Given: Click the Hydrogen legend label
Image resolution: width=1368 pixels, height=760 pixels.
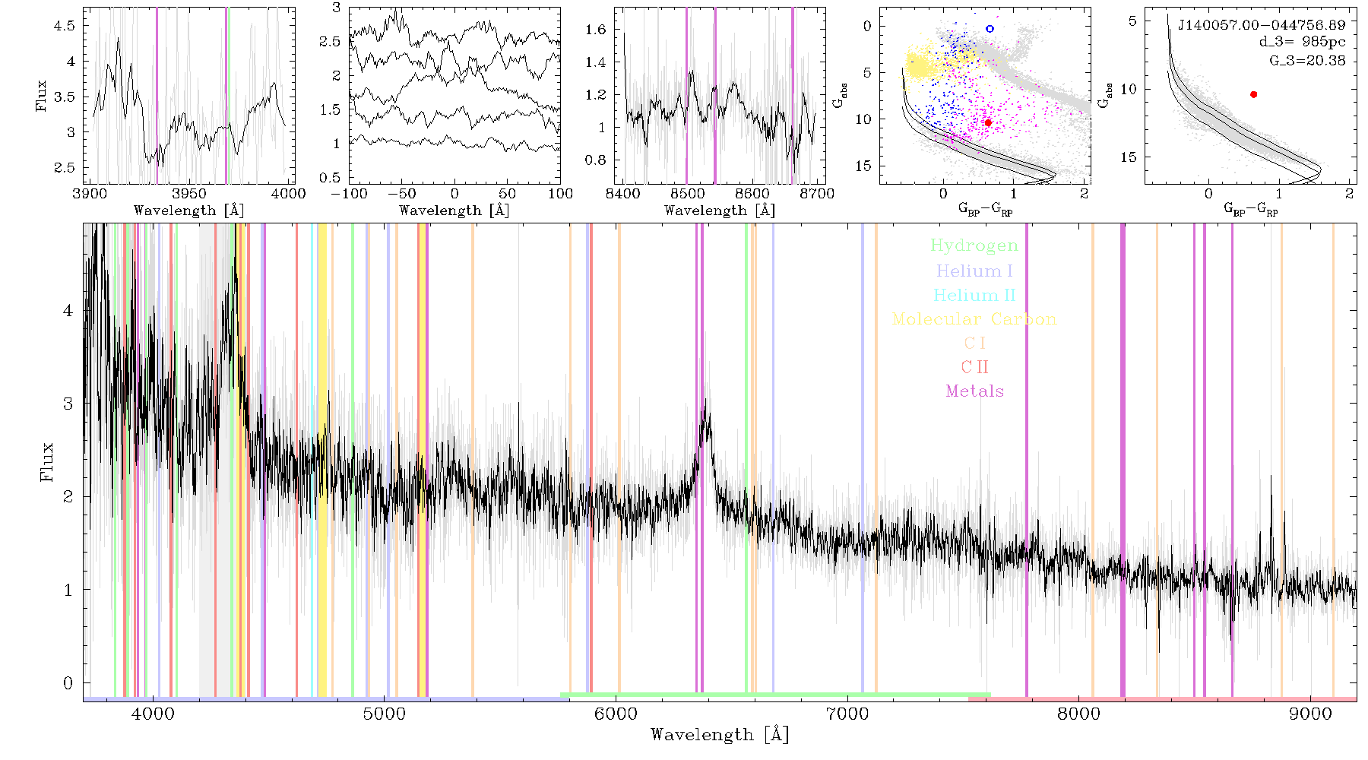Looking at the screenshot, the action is click(974, 245).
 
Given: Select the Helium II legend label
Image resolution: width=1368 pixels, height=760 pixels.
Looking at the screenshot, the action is click(974, 295).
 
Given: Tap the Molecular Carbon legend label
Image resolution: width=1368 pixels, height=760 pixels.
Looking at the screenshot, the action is click(974, 319).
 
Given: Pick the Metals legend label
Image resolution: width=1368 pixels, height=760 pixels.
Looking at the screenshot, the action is click(974, 391).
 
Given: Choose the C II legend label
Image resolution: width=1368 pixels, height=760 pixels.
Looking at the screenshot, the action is click(974, 367).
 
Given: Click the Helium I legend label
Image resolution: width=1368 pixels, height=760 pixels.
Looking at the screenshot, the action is click(974, 271).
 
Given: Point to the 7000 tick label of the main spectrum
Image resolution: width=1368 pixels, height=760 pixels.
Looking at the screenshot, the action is click(847, 714).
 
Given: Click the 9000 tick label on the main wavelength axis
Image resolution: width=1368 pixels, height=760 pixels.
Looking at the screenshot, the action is click(1310, 714).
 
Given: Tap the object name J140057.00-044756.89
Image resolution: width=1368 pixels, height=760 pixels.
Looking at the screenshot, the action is click(1262, 25).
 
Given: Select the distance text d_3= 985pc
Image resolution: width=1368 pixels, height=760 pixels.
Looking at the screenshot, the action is click(1302, 43).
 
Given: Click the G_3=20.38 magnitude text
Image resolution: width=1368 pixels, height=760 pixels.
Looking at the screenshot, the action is click(1307, 61).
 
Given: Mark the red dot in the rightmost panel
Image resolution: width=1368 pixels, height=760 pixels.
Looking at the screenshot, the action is click(1253, 94).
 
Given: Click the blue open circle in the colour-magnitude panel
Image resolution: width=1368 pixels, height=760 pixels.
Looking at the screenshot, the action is click(990, 29).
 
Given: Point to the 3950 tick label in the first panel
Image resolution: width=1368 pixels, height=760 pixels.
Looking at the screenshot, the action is click(189, 194).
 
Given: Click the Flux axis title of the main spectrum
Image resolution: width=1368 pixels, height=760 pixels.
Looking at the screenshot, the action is click(47, 461).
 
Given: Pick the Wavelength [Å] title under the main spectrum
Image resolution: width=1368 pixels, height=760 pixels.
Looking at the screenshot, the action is click(720, 735).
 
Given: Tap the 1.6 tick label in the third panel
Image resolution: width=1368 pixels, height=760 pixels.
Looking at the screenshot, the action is click(596, 30).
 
